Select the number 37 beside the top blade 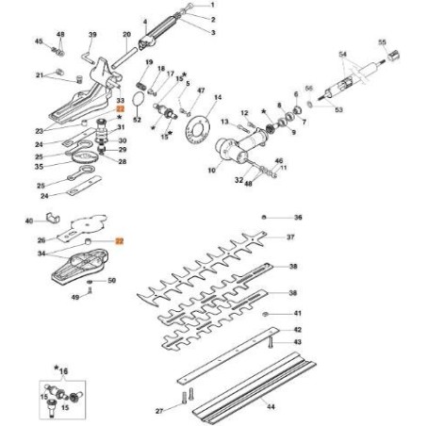click(293, 238)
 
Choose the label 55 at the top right click(383, 42)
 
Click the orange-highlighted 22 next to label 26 click(120, 241)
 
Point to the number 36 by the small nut click(298, 217)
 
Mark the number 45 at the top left click(39, 42)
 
